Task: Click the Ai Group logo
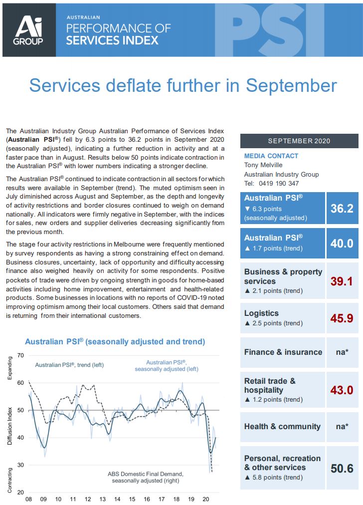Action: [x=29, y=30]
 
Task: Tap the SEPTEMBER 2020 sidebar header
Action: [x=299, y=141]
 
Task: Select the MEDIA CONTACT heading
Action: [x=271, y=156]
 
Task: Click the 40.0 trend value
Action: [x=342, y=243]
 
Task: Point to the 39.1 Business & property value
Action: [x=342, y=281]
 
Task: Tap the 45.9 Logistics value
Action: [x=342, y=318]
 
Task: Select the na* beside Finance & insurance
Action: [x=342, y=352]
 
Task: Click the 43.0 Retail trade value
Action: [x=342, y=390]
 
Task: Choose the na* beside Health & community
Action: [x=342, y=427]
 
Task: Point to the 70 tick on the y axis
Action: [x=20, y=355]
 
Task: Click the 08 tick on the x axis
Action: [x=28, y=499]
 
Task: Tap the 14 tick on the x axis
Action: [x=117, y=499]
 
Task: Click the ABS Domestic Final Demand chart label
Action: [x=146, y=474]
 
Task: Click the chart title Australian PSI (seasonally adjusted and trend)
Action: [x=115, y=342]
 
